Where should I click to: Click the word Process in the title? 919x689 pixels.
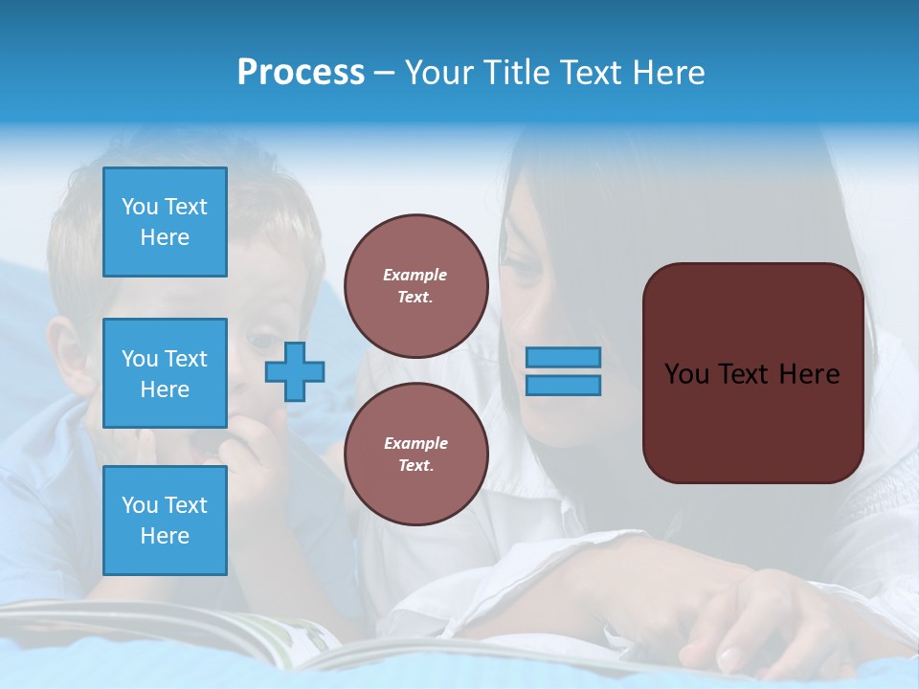point(301,73)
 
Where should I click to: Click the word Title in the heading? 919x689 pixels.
point(514,73)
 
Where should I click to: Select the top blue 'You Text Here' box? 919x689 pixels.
point(165,222)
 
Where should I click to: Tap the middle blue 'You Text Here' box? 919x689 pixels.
point(165,373)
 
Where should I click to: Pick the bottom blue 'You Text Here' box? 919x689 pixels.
point(165,520)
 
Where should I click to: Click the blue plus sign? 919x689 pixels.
point(295,371)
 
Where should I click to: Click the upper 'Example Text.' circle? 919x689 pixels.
point(415,286)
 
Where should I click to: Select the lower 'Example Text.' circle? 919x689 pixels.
point(415,455)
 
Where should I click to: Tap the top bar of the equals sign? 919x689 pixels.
point(563,357)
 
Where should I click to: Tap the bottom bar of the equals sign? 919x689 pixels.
point(563,385)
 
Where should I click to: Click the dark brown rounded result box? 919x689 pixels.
point(752,373)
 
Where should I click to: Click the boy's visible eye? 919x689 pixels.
point(260,338)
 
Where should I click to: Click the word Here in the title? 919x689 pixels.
point(667,73)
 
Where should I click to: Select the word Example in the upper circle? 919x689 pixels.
point(415,275)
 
